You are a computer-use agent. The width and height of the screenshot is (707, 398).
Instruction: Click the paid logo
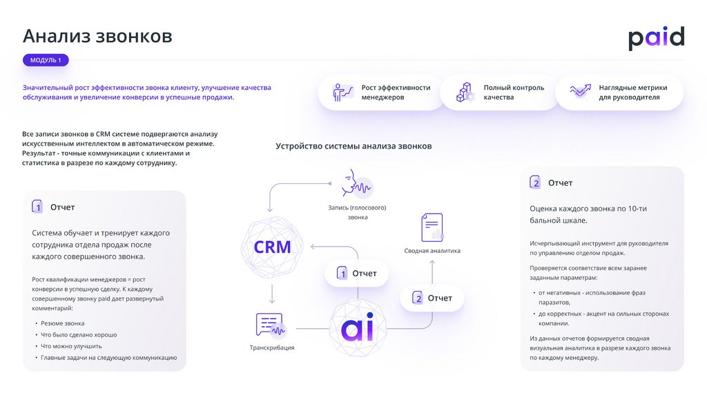coord(656,38)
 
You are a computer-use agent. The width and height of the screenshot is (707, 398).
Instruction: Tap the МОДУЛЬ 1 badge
coord(46,60)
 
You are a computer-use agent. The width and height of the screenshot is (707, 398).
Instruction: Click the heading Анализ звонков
coord(97,36)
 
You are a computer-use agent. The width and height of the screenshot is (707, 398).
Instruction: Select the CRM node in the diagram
coord(273,247)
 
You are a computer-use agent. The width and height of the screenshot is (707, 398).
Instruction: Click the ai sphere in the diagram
coord(360,328)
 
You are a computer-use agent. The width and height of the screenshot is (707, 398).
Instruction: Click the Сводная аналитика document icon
coord(432,227)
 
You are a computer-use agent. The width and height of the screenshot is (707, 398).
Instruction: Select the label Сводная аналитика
coord(432,251)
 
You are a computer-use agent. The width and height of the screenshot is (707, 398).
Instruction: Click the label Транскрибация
coord(272,348)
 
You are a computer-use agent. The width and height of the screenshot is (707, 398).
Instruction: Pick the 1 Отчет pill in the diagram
coord(356,274)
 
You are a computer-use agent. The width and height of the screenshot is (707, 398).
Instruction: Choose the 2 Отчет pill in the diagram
coord(432,298)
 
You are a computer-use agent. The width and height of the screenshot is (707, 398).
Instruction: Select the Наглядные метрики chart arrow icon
coord(580,91)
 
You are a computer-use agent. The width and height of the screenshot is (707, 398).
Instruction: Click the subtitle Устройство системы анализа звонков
coord(353,146)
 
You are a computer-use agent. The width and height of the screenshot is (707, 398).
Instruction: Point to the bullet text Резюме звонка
coord(62,323)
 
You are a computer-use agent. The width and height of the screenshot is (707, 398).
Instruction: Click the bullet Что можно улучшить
coord(71,346)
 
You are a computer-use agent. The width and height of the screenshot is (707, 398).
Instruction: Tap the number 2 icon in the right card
coord(535,182)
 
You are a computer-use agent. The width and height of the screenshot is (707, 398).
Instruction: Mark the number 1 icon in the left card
coord(37,207)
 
